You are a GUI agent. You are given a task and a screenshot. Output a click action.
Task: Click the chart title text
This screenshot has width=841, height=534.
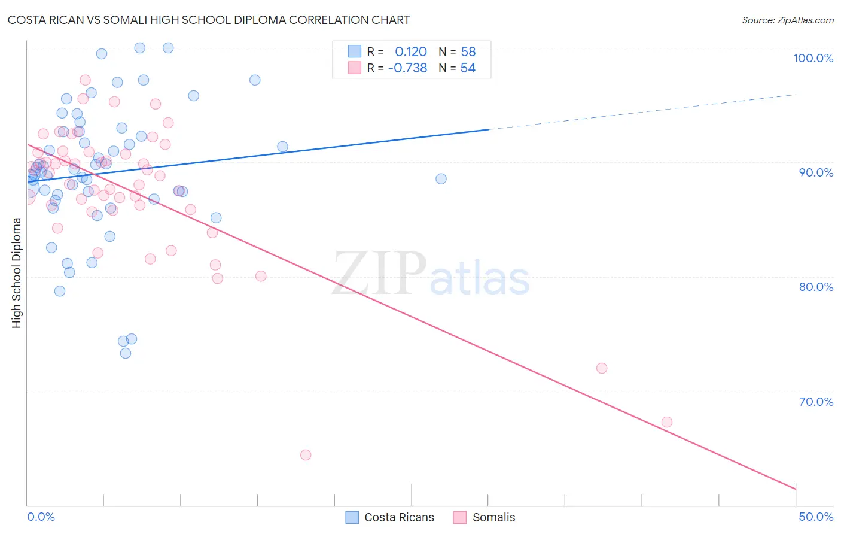(209, 20)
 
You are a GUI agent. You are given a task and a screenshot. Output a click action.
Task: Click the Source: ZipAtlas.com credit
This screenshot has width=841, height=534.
(787, 20)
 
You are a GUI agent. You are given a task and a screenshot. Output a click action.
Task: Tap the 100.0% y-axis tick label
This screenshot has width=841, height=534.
(813, 58)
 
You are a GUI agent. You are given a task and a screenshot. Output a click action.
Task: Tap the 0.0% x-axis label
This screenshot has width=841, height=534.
(41, 517)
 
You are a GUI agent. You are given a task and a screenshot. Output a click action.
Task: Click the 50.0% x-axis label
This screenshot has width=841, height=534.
(816, 517)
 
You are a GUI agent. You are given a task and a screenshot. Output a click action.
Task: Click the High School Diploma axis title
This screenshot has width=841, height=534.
(17, 272)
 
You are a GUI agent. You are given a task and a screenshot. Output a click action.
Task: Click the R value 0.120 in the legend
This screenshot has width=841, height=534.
(411, 52)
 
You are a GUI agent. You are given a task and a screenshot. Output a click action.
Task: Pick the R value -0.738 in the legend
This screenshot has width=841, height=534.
(407, 68)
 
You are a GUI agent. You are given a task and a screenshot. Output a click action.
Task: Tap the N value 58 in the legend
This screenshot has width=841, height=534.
(468, 52)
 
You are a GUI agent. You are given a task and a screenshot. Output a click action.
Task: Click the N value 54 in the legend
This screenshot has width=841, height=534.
(468, 68)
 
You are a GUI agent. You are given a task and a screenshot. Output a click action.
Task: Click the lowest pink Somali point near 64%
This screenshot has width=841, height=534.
(306, 455)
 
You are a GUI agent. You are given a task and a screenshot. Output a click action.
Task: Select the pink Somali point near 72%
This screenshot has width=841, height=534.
(602, 368)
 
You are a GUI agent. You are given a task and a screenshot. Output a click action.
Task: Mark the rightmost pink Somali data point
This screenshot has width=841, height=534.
(667, 422)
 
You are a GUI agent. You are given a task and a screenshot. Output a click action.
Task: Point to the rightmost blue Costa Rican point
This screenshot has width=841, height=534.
(441, 179)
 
